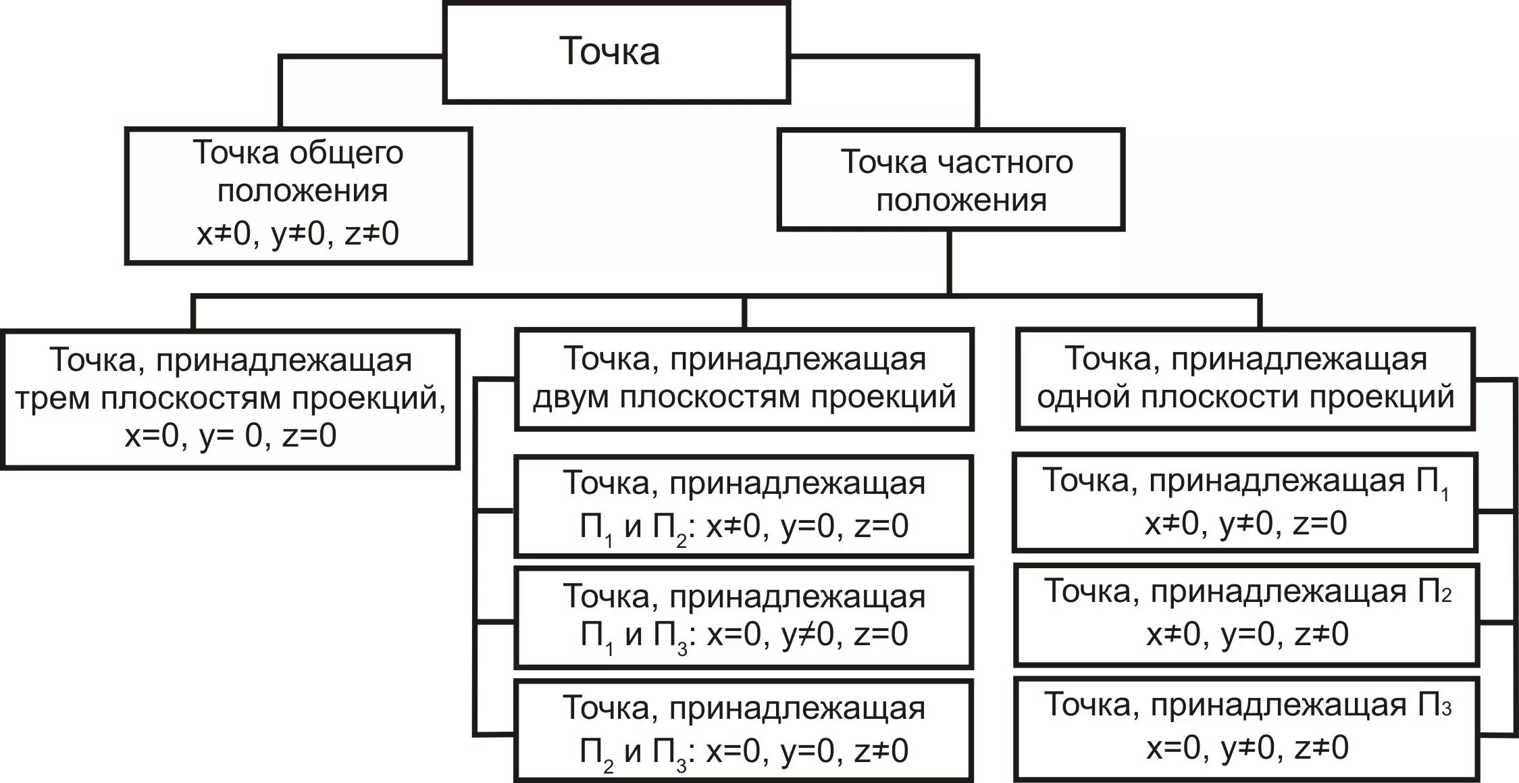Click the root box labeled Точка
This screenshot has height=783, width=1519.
tap(616, 52)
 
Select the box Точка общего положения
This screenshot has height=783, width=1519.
tap(299, 195)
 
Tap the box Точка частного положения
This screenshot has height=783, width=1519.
tap(951, 180)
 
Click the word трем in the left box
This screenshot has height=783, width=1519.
tap(53, 399)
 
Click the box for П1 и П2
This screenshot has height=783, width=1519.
tap(744, 506)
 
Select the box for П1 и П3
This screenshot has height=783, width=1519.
tap(744, 617)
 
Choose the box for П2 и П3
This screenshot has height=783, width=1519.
tap(744, 730)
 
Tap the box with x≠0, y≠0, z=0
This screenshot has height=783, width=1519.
tap(1245, 502)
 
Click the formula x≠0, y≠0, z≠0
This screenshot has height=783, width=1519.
tap(298, 234)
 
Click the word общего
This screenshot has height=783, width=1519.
tap(346, 153)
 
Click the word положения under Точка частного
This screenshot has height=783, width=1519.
tap(961, 201)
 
